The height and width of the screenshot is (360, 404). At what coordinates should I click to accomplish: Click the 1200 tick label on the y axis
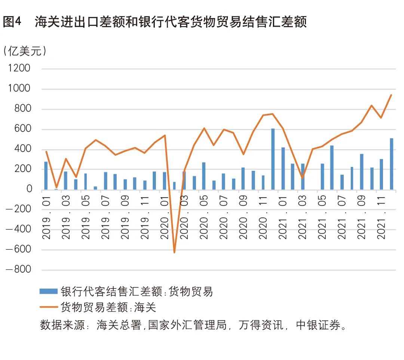pos(19,69)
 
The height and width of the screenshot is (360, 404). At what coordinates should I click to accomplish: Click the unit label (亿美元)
pos(25,51)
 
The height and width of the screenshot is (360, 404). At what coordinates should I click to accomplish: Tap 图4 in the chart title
pos(12,22)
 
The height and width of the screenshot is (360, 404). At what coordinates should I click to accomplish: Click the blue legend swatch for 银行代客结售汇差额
pos(49,291)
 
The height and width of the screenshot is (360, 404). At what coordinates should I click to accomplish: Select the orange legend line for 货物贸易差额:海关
pos(49,307)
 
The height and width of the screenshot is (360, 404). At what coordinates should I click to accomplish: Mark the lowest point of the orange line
pos(174,252)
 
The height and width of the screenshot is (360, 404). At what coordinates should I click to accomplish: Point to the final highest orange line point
pos(391,95)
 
